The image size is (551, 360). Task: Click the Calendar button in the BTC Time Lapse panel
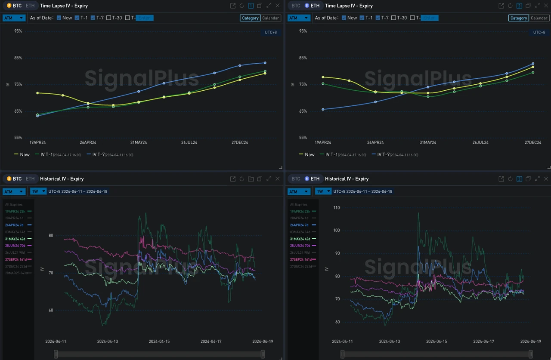[271, 18]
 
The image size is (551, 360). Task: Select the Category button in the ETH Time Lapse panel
[518, 18]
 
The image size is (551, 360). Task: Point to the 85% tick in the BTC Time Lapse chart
[18, 58]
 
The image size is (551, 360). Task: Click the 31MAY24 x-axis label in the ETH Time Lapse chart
[428, 142]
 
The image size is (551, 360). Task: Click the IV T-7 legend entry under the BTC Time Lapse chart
[110, 154]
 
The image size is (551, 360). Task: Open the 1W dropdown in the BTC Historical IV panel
[38, 191]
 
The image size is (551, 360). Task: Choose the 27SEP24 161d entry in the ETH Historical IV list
[302, 259]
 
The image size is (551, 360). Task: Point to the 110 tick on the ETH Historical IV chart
[336, 208]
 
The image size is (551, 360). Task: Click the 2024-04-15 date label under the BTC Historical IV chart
[159, 342]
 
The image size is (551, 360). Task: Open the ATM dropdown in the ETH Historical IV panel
[299, 191]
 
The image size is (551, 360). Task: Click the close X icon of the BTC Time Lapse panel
[277, 6]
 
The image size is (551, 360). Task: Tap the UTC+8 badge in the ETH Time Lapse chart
[539, 33]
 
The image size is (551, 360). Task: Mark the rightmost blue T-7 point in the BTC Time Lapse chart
[265, 63]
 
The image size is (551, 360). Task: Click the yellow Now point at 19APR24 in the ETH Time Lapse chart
[323, 77]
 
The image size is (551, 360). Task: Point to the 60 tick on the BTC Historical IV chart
[51, 310]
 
